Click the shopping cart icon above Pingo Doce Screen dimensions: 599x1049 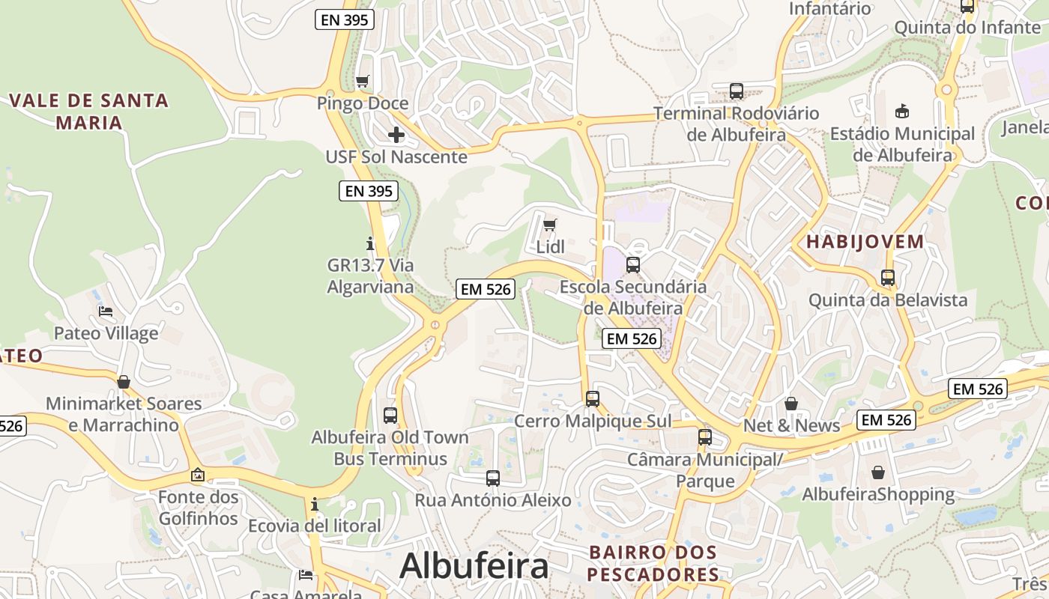point(363,81)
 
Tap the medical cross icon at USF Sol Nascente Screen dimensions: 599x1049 point(396,135)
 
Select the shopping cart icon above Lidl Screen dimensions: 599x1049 point(550,225)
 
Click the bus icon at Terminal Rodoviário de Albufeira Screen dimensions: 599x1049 point(737,91)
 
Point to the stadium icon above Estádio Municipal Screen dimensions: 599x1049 point(902,112)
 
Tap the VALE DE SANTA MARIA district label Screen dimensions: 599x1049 point(89,111)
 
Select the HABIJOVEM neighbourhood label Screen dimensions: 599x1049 point(865,242)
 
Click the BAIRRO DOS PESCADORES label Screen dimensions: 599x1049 point(653,563)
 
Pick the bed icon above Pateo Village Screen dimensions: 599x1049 point(106,311)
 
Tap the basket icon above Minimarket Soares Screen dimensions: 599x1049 point(124,382)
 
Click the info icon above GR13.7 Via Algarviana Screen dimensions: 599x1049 point(369,243)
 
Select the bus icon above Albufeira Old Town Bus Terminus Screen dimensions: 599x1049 point(390,415)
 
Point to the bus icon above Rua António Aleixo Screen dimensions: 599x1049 point(492,478)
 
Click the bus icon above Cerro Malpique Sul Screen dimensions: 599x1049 point(593,399)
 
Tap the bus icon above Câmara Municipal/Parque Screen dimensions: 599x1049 point(704,437)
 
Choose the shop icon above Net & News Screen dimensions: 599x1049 point(791,404)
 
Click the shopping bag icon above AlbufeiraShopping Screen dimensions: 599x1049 point(878,472)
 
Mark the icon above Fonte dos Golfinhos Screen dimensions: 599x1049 point(198,475)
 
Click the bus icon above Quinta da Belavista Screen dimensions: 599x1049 point(888,278)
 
